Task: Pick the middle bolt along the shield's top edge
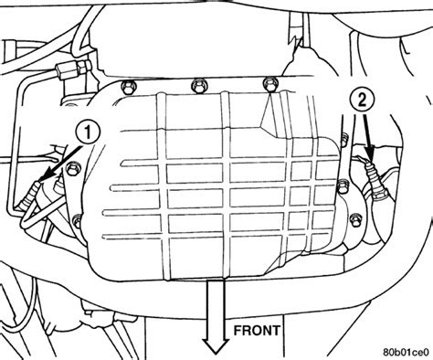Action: point(195,86)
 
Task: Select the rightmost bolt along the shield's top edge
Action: point(268,85)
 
